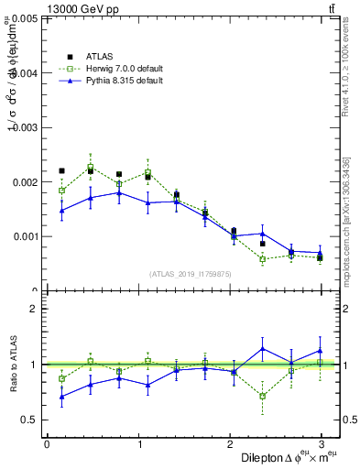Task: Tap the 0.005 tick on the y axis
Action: click(26, 18)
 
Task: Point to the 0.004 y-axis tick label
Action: click(26, 73)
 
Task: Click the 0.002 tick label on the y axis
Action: click(26, 182)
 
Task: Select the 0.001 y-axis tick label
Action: click(26, 236)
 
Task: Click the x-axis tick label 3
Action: click(321, 444)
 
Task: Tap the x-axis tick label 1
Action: click(139, 444)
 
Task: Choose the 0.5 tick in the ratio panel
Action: click(30, 420)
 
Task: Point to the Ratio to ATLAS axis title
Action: click(13, 365)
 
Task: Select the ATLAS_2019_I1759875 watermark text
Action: click(191, 274)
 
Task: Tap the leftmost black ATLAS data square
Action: click(61, 170)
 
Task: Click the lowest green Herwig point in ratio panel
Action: click(262, 396)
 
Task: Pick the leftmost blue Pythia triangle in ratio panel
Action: click(61, 397)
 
